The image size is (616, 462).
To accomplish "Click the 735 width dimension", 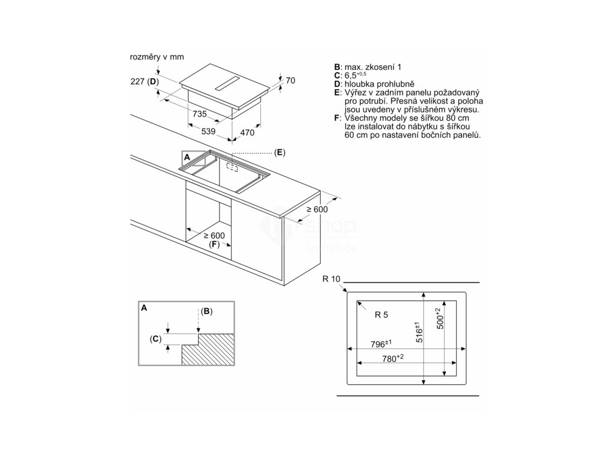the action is click(x=199, y=114).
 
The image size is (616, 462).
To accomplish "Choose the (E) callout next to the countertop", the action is click(x=279, y=152).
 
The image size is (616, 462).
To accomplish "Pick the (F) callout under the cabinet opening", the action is click(x=214, y=245).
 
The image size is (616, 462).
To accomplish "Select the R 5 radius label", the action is click(x=381, y=315).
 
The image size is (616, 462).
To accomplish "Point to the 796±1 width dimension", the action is click(x=381, y=344).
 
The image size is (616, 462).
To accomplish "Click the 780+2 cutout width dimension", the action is click(x=392, y=359).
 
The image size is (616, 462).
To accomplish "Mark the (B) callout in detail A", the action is click(x=206, y=311).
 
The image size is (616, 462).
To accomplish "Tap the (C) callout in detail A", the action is click(x=156, y=339).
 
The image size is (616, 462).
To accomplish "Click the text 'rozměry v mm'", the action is click(x=156, y=57).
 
